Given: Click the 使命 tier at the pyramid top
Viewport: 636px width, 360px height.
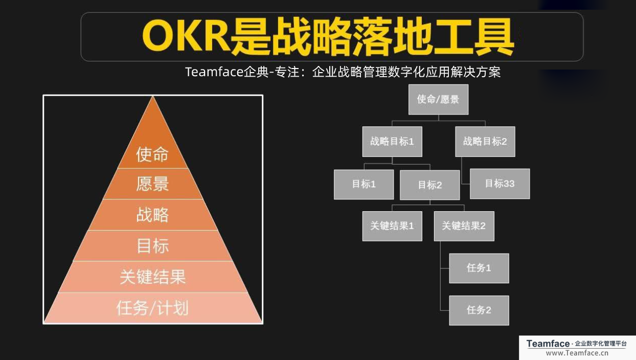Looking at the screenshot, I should (152, 153).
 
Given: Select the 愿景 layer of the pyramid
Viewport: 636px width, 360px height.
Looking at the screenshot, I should (152, 184).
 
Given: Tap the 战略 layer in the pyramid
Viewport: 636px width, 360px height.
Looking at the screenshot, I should (152, 215).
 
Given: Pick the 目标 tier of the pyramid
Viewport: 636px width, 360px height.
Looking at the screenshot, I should (152, 246).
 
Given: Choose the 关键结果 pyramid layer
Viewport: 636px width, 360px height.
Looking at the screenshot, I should (152, 277).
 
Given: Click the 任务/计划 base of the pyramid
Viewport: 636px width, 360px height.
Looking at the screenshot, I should (152, 308).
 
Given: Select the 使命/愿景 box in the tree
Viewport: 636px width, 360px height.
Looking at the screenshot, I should (438, 99).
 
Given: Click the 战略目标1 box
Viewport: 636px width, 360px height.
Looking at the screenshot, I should (392, 142).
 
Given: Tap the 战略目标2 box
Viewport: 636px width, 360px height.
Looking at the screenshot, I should (485, 142).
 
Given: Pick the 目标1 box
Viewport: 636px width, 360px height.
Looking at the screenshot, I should (364, 184).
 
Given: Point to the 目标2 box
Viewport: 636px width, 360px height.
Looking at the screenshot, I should (429, 185).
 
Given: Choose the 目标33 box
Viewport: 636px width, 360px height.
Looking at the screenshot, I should (499, 184).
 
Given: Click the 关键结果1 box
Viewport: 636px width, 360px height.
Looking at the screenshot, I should (392, 226).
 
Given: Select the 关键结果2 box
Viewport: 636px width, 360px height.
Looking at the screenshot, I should (464, 226).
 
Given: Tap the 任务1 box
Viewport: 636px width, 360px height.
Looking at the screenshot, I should (479, 268).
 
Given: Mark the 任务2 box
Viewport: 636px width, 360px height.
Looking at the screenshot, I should (479, 310).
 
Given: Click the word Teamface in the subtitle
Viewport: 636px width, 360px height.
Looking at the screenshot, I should (214, 72).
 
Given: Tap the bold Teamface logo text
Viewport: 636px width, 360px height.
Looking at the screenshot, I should (548, 344).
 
